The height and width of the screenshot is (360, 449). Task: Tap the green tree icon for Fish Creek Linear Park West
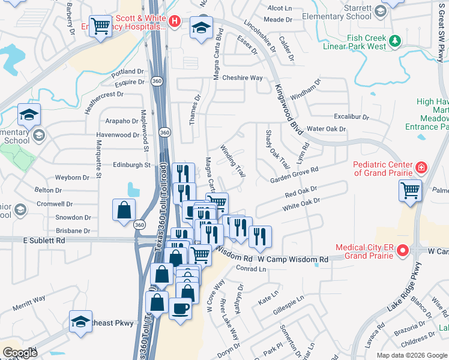tap(395, 41)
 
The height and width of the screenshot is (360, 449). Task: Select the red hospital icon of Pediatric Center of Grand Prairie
tap(421, 167)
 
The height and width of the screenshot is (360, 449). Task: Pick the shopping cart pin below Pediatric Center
tap(410, 191)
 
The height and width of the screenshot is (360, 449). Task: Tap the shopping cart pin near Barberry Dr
tap(100, 25)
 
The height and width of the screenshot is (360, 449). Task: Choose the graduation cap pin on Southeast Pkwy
tap(80, 321)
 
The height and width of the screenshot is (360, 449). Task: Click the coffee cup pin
tap(180, 309)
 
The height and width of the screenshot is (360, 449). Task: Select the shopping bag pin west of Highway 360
tap(124, 211)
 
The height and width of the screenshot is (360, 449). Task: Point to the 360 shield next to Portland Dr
tap(157, 80)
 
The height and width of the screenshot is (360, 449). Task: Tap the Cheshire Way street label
tap(243, 78)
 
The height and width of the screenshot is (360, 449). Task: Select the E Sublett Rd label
tap(44, 241)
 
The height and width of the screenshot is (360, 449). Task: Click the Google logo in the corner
tap(20, 353)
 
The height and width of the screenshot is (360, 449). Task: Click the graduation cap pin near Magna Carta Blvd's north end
tap(202, 27)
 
